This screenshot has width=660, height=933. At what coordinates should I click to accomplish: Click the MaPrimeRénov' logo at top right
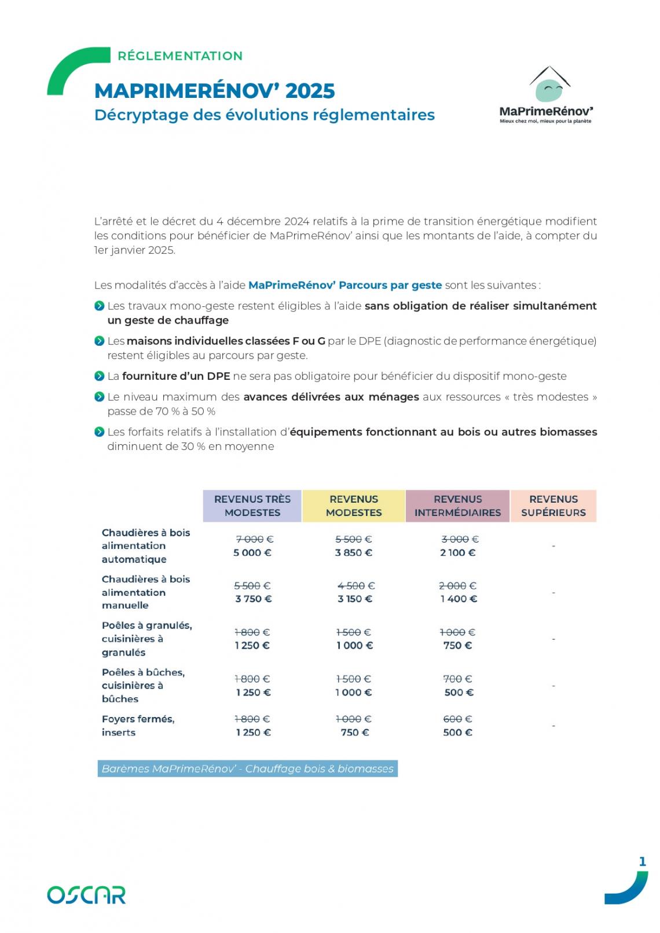coord(546,96)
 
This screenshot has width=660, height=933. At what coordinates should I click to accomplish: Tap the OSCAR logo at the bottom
coord(86,894)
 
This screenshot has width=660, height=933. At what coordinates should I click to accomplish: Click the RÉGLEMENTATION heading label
coord(180,56)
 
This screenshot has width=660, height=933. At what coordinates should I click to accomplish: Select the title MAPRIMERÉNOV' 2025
coord(214,91)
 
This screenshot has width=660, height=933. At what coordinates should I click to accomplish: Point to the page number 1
coord(642,862)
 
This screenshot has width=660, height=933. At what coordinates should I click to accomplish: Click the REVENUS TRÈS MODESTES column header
coord(252,506)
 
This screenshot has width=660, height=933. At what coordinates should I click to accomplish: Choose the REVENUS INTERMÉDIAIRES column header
coord(457,506)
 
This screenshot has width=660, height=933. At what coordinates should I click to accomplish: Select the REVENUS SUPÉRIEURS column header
coord(553,506)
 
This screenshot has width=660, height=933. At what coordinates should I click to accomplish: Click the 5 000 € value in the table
coord(252,553)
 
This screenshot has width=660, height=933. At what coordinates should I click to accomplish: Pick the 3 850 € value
coord(354,553)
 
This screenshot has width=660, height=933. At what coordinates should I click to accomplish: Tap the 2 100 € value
coord(458,553)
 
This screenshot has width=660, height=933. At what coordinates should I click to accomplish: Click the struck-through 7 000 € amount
coord(254,539)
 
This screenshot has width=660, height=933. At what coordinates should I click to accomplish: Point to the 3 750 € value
coord(254,599)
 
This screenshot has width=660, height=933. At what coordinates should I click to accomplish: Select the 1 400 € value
coord(459,599)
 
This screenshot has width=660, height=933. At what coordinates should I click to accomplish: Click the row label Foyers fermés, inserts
coord(138,726)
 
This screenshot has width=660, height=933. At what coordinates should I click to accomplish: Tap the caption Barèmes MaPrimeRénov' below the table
coord(247,769)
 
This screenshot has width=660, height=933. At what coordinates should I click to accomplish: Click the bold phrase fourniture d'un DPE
coord(176,376)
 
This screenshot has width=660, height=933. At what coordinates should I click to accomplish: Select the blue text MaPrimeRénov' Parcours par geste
coord(345,286)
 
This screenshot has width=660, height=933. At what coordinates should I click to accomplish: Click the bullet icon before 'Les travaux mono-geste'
coord(99,306)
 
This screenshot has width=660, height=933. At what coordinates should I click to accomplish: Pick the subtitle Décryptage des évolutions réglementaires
coord(264,115)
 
